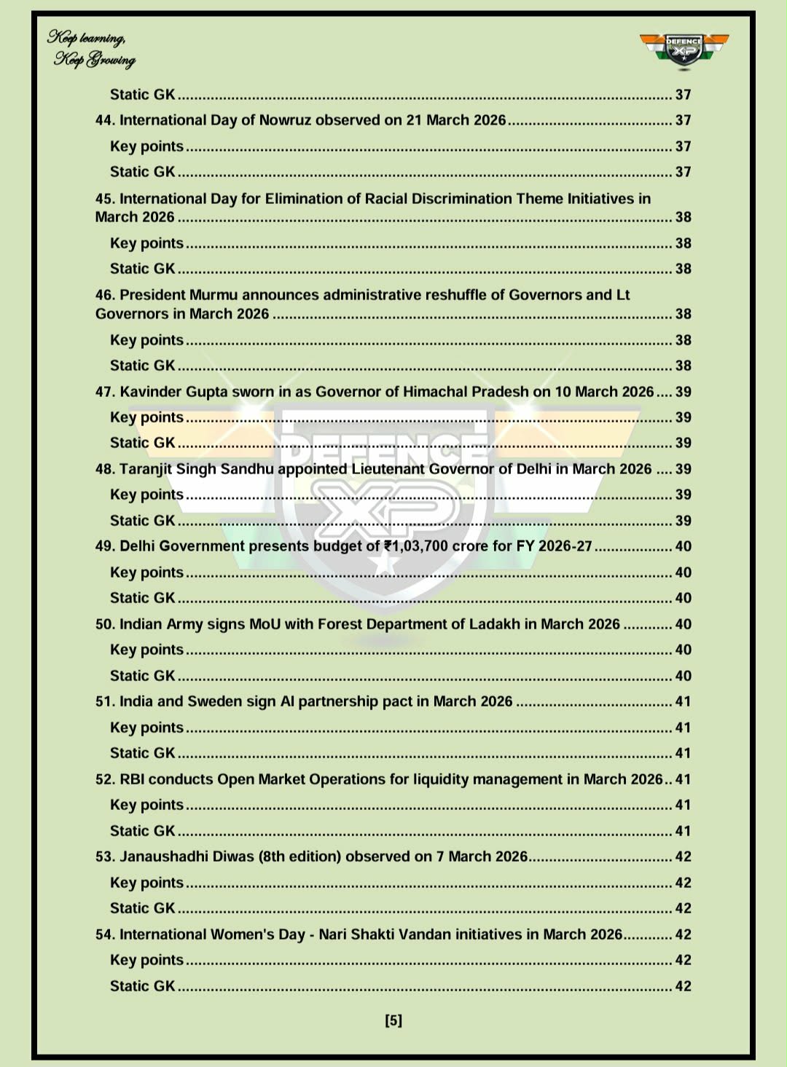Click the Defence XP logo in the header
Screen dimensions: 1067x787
pos(684,50)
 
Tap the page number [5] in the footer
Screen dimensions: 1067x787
pos(393,1020)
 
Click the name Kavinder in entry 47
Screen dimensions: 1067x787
pos(151,392)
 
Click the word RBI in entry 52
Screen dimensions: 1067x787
pos(132,779)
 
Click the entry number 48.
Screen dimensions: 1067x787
pos(105,469)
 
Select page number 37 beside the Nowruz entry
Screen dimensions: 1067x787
pos(683,120)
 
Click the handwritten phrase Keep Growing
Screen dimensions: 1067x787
pos(95,60)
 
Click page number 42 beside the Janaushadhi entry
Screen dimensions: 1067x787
pos(683,857)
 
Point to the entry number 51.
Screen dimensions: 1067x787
pos(105,701)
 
